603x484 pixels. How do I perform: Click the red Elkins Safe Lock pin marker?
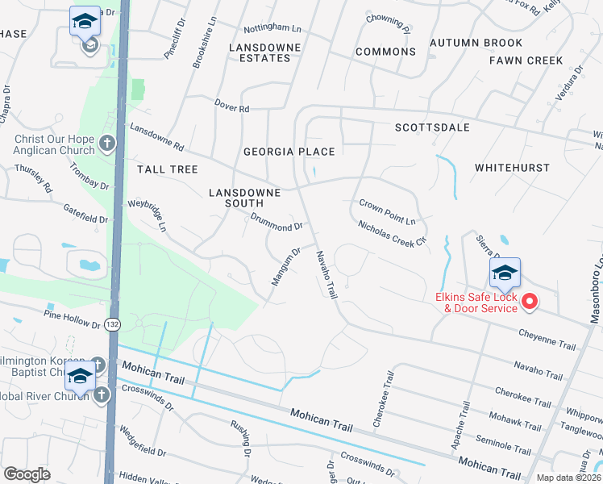[x=530, y=302]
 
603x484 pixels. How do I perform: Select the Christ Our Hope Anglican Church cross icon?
[x=107, y=144]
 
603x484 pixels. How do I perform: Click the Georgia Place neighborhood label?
[x=289, y=151]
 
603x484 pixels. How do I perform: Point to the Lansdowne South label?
[x=244, y=198]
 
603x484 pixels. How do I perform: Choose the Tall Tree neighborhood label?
[x=167, y=169]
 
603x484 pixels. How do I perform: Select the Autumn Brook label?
[x=476, y=43]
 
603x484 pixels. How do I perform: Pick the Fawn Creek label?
[x=526, y=60]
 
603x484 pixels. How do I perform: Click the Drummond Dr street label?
[x=277, y=222]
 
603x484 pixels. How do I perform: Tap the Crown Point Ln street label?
[x=387, y=211]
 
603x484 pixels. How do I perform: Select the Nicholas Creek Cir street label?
[x=392, y=236]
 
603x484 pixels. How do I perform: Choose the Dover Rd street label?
[x=232, y=106]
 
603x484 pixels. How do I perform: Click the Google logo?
[x=27, y=474]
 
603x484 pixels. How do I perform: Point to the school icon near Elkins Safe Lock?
[x=505, y=274]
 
